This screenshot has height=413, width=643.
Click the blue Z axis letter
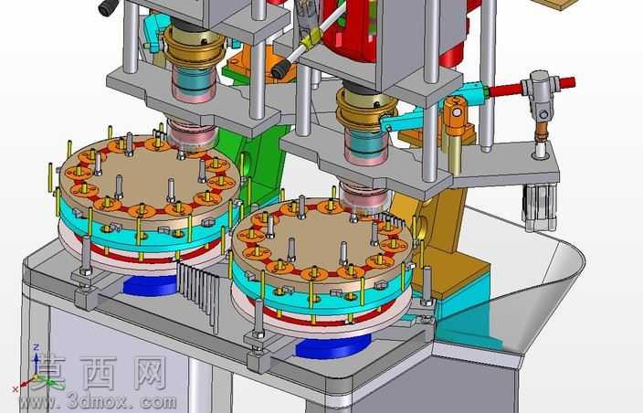37,347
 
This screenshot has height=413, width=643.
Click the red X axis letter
16,388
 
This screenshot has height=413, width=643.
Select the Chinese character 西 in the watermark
99,373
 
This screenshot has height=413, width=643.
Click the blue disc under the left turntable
150,286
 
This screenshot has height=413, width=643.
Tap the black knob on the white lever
281,70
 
